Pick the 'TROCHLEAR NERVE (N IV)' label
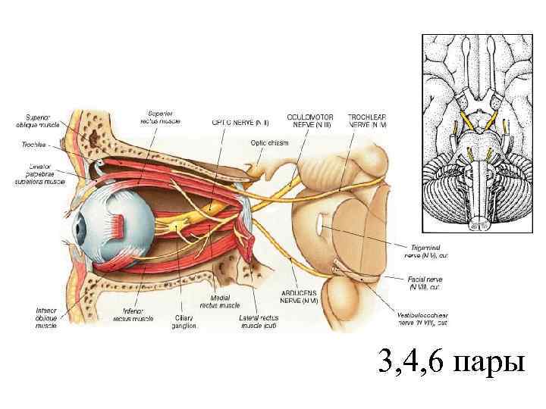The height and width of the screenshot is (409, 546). pyautogui.click(x=367, y=120)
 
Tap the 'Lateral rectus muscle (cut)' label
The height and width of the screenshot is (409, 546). pyautogui.click(x=259, y=322)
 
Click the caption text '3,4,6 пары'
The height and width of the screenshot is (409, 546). pyautogui.click(x=452, y=364)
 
